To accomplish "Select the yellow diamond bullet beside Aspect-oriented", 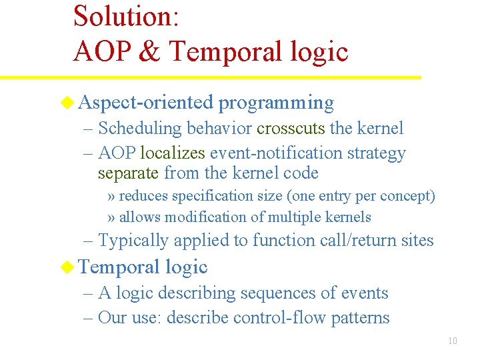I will pyautogui.click(x=67, y=102).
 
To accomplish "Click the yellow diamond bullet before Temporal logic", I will pyautogui.click(x=67, y=267).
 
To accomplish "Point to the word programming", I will pyautogui.click(x=276, y=103).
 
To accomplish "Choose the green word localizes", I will pyautogui.click(x=173, y=153).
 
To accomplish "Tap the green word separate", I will pyautogui.click(x=128, y=173).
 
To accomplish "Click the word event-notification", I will pyautogui.click(x=274, y=153).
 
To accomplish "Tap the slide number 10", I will pyautogui.click(x=452, y=341).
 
